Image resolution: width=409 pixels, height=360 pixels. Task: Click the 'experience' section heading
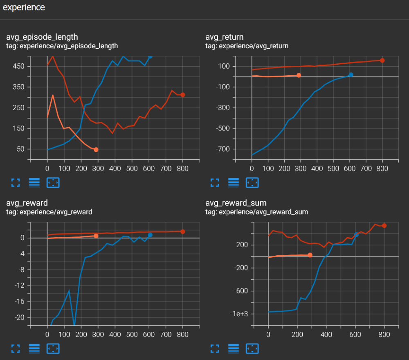[24, 8]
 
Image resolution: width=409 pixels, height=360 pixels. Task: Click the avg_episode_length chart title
[42, 38]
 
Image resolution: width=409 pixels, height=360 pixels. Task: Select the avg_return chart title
[225, 38]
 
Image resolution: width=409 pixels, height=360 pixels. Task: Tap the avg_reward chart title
[27, 203]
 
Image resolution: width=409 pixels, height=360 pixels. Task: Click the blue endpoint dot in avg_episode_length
[150, 56]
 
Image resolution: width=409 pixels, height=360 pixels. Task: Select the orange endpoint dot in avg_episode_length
[96, 150]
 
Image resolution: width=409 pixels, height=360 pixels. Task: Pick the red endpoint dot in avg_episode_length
[183, 95]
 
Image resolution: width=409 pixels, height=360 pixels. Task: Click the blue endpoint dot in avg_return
[351, 75]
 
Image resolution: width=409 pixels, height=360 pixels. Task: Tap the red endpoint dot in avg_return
[382, 61]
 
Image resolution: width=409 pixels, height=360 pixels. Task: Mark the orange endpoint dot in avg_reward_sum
[310, 255]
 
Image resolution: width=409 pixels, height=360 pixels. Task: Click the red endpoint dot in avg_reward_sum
[384, 226]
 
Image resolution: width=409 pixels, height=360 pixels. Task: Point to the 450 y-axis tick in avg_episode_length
[19, 66]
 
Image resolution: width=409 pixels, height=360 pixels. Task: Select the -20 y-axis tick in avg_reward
[19, 317]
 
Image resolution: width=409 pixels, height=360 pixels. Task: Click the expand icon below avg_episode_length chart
[16, 182]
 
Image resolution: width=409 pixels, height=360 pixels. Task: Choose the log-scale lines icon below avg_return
[233, 182]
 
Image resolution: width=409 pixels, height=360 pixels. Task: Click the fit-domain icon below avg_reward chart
[53, 349]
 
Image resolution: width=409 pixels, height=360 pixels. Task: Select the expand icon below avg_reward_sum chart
[215, 349]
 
